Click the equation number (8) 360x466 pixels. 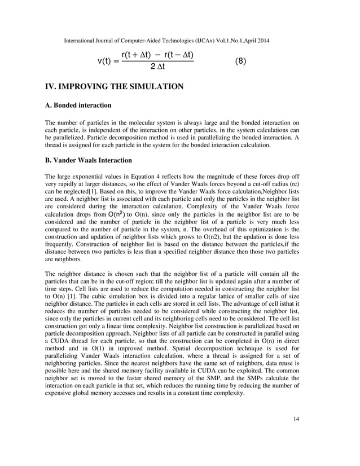coord(240,60)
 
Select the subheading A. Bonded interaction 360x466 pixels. coord(78,105)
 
